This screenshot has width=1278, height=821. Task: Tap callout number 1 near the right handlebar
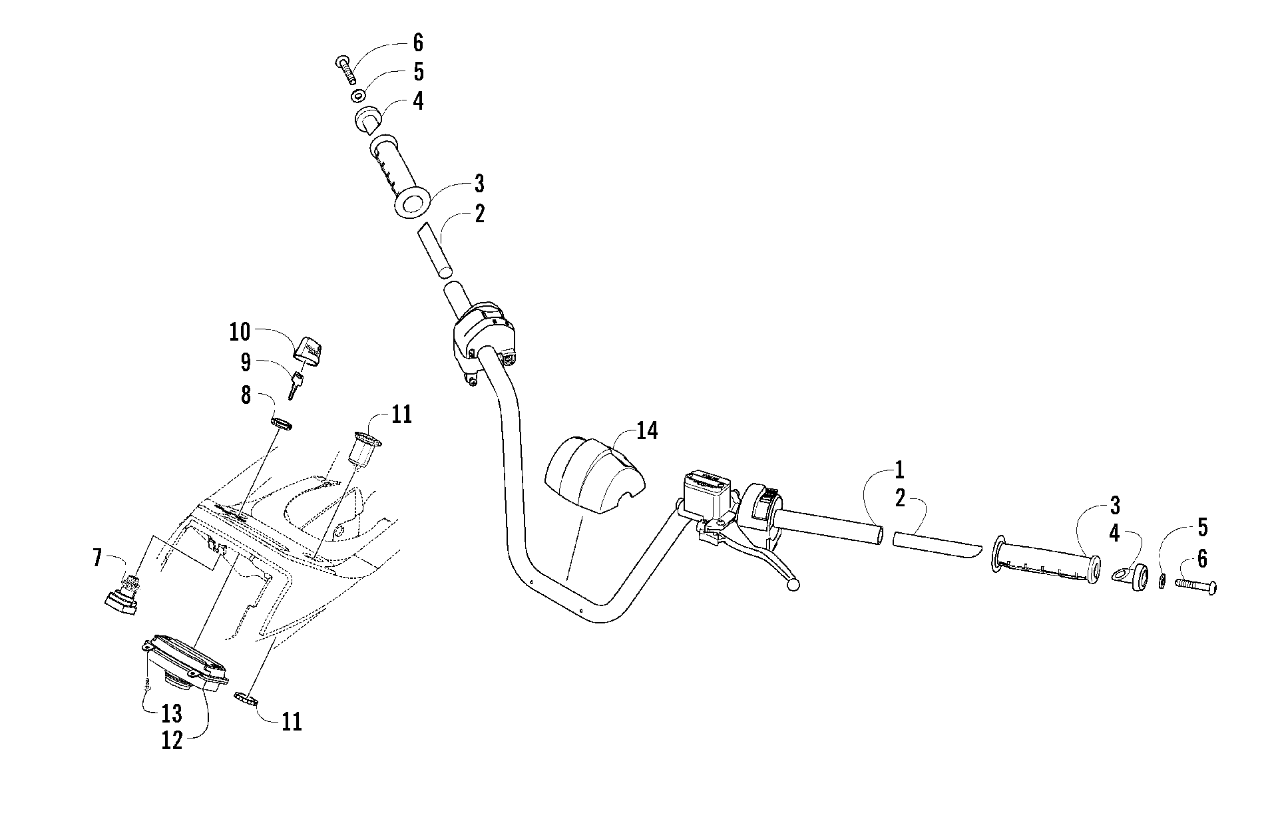(899, 470)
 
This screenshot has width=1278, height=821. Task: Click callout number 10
(240, 332)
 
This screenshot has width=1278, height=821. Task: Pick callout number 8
(246, 395)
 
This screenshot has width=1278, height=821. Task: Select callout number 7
(98, 558)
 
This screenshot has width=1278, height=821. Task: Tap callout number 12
(172, 740)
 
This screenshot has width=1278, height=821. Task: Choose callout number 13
(171, 713)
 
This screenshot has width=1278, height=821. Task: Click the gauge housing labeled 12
(186, 661)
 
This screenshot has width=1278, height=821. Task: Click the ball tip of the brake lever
(792, 585)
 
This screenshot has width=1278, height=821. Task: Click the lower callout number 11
(291, 722)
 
